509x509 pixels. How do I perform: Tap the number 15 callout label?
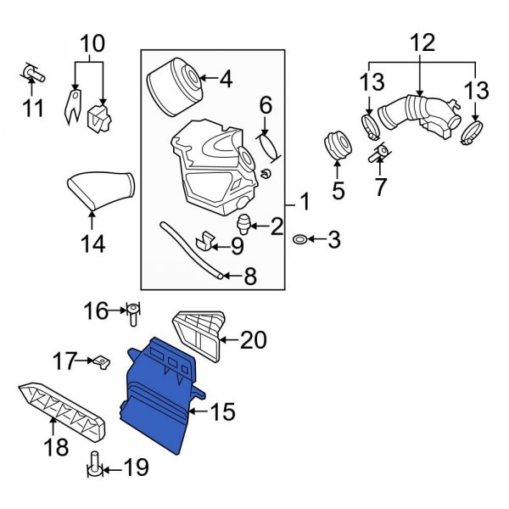click(x=221, y=413)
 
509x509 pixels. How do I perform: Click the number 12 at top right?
click(x=422, y=42)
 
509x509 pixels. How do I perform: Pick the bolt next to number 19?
click(x=96, y=466)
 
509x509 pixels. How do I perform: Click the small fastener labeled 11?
click(x=31, y=75)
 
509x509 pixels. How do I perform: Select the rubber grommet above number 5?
click(x=338, y=145)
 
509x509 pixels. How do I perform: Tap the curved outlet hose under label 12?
click(x=416, y=120)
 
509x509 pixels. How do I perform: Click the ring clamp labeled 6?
click(x=267, y=145)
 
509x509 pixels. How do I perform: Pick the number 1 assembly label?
click(x=303, y=204)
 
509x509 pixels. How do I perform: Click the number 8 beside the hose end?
click(x=249, y=275)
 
